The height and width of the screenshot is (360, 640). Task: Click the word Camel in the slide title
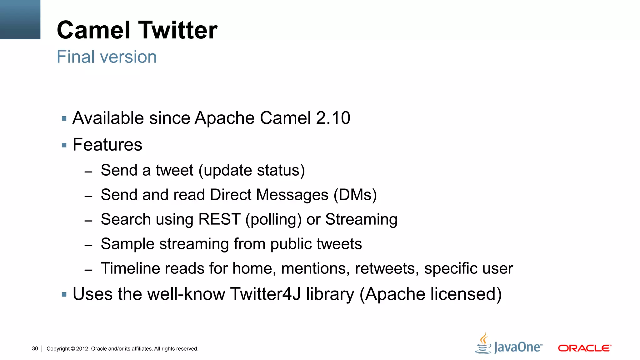coord(93,30)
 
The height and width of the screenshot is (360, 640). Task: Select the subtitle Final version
coord(107,57)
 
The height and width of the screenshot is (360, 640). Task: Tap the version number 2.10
coord(333,118)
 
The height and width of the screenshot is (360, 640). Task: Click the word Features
coord(107,145)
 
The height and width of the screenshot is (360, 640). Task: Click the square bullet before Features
coord(64,145)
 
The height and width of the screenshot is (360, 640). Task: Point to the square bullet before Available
coord(64,119)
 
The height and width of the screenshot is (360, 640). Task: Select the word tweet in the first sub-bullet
coord(174,170)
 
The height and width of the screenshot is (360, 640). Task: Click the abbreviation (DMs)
coord(355,195)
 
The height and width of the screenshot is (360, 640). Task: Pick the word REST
coord(219,219)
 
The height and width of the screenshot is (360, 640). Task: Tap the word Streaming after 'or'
coord(361,219)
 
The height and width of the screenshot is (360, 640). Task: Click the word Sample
coord(127,244)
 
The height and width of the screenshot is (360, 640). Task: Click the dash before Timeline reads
coord(88,270)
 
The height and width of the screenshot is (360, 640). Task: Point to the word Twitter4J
coord(265,294)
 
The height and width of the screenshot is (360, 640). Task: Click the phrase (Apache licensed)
coord(430,294)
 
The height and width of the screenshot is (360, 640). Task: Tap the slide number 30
coord(35,349)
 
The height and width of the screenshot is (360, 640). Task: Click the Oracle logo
coord(584,348)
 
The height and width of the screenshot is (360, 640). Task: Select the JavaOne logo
coord(509,344)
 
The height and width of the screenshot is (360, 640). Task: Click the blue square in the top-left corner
coord(20,19)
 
